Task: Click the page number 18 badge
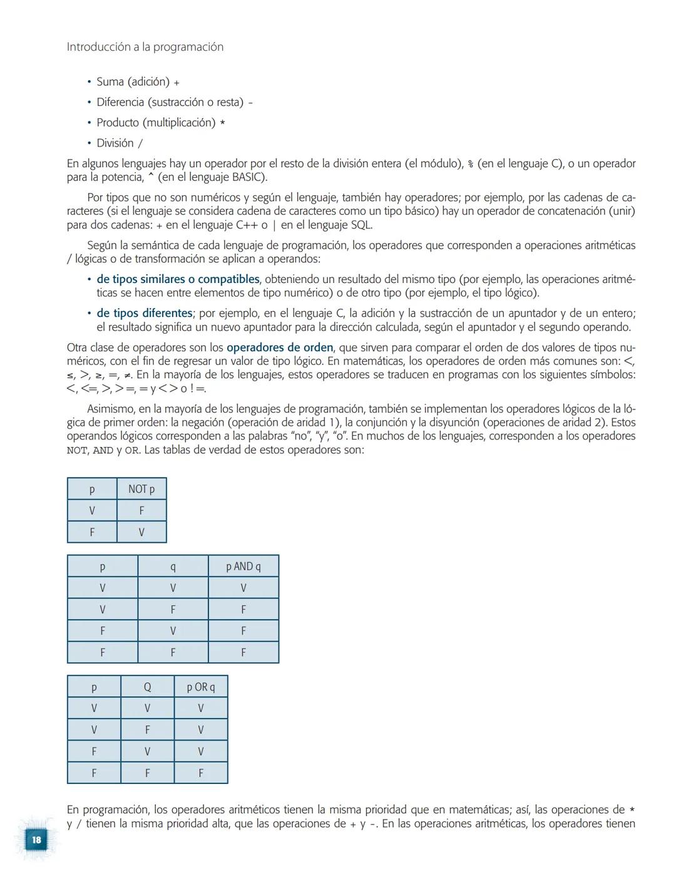[x=36, y=840]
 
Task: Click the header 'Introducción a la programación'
[x=145, y=47]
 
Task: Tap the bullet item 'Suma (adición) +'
[x=138, y=82]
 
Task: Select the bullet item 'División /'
[x=119, y=143]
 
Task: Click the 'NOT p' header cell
[x=141, y=489]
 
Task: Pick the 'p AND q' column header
[x=243, y=567]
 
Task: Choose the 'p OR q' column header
[x=200, y=687]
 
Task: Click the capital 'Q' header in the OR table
[x=147, y=687]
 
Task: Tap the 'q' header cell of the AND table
[x=173, y=567]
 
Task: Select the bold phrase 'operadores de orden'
[x=280, y=347]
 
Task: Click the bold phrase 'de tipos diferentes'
[x=144, y=313]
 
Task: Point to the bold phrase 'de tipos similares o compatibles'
[x=178, y=279]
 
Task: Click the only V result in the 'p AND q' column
[x=243, y=588]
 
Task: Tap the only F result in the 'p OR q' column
[x=200, y=773]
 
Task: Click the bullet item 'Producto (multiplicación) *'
[x=160, y=123]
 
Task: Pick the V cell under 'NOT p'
[x=141, y=532]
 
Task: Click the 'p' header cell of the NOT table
[x=92, y=489]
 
